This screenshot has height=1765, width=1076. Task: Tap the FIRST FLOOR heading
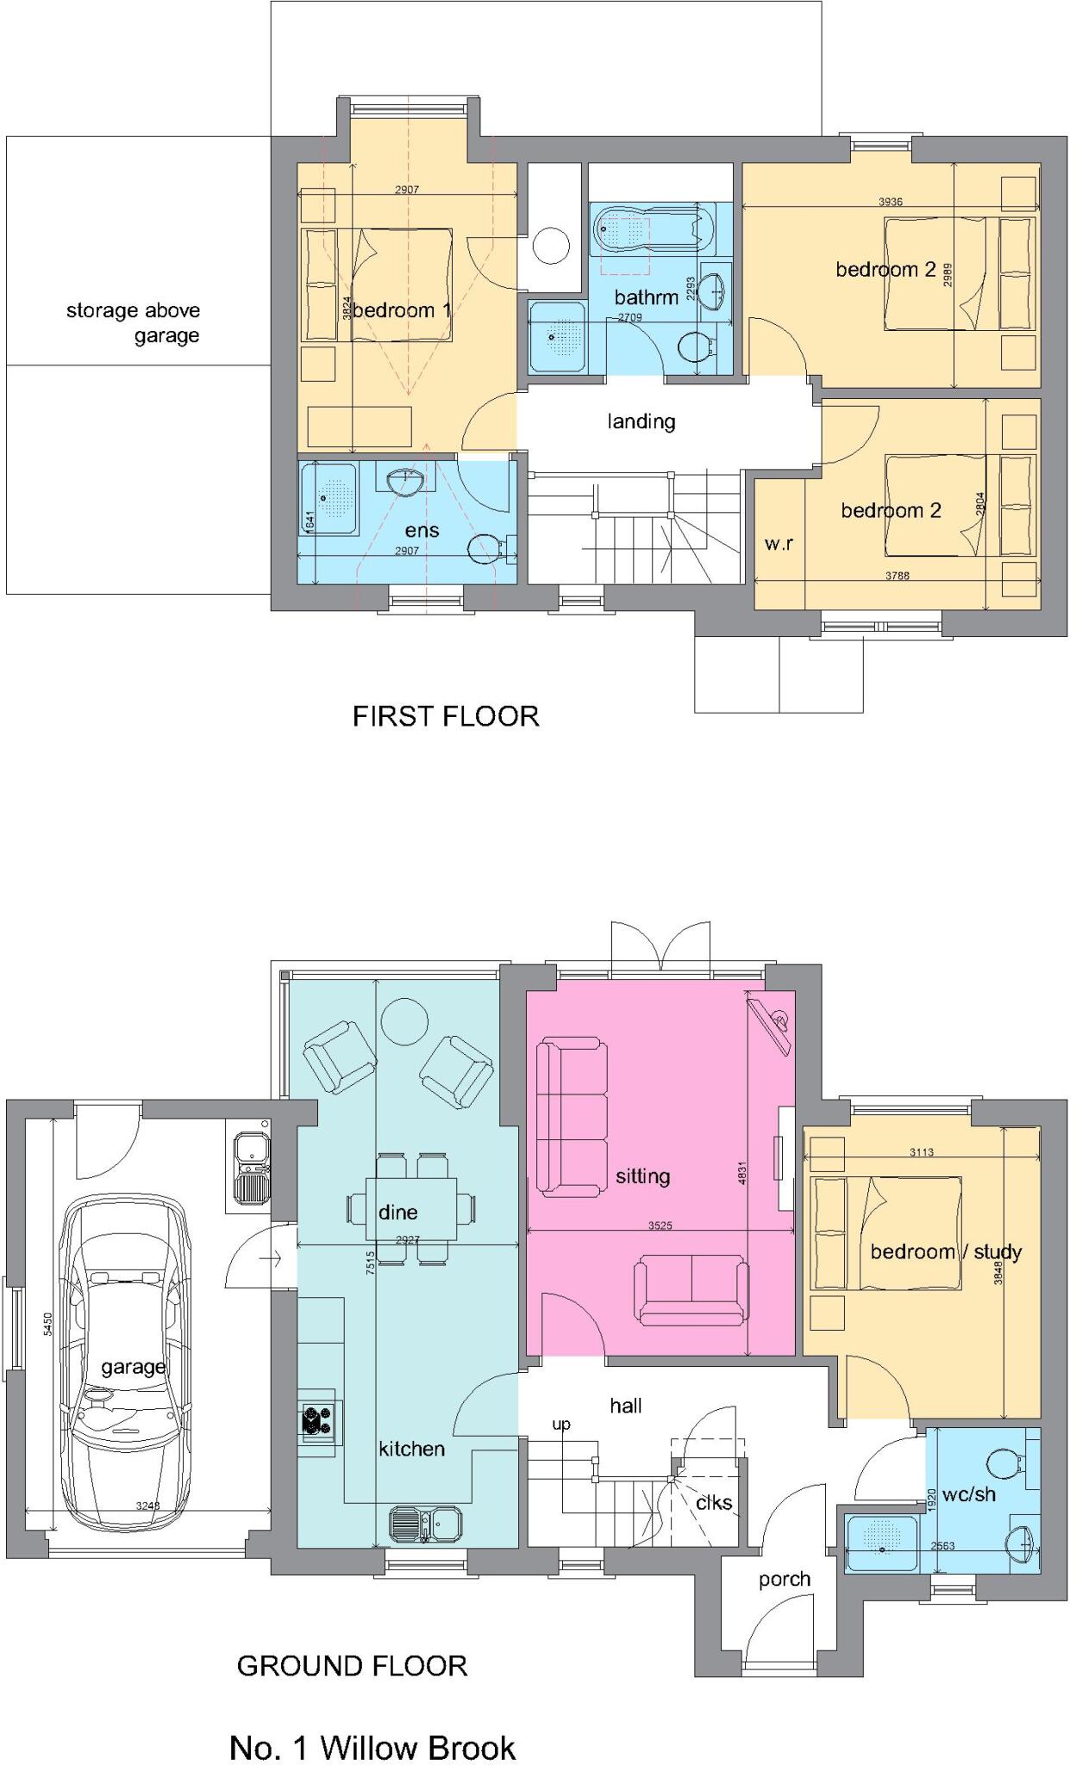tap(446, 716)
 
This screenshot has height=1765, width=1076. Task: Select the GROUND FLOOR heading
tap(352, 1666)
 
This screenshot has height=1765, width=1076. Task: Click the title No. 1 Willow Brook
tap(372, 1748)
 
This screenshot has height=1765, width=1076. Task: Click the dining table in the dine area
tap(410, 1207)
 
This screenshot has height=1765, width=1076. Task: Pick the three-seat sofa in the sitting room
tap(570, 1119)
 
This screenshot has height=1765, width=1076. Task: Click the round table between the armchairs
tap(404, 1021)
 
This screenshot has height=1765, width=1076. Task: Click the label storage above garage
tap(134, 322)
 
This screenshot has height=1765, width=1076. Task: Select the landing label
tap(641, 421)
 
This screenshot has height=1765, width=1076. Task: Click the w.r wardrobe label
tap(778, 544)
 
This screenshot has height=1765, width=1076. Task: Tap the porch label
tap(784, 1580)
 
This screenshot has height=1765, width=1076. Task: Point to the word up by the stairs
tap(560, 1424)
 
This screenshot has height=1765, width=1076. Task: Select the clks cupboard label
tap(714, 1502)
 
